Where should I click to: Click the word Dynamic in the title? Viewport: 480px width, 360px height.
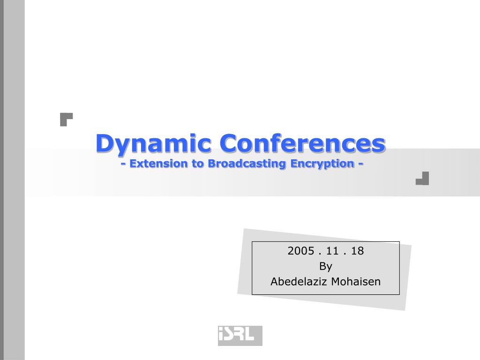[153, 143]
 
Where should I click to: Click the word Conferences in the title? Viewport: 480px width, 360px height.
[302, 143]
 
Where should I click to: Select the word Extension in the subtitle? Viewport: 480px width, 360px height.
[158, 163]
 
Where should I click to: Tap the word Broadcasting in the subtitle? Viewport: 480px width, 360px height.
[247, 164]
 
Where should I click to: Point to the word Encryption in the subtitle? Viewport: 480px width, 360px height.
[322, 164]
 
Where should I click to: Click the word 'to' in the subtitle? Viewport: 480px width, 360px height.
[198, 164]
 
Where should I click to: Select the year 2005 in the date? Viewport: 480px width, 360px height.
[301, 251]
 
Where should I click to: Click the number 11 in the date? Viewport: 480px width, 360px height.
[332, 251]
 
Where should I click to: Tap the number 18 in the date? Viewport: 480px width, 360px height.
[357, 251]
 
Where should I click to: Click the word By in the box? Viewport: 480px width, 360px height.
[326, 266]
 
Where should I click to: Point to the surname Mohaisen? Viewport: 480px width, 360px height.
[356, 281]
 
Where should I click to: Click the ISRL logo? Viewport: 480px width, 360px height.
[240, 336]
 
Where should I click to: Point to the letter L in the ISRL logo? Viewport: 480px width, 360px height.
[249, 334]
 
